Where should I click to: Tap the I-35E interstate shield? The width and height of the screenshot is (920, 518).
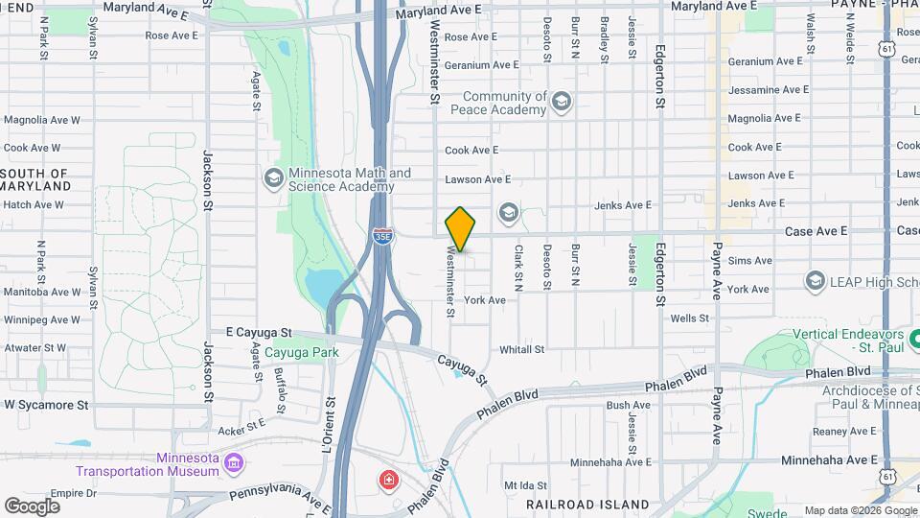click(x=382, y=236)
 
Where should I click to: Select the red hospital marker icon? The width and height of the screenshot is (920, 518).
click(x=389, y=479)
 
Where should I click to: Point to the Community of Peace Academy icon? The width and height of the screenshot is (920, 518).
click(x=561, y=102)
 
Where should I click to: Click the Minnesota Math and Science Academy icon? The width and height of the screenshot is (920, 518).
click(x=274, y=177)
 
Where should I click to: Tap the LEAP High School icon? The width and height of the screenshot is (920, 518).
click(x=816, y=280)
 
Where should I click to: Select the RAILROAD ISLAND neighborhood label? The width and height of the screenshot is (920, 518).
click(x=587, y=504)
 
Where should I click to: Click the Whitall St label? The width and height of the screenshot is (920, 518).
click(x=521, y=350)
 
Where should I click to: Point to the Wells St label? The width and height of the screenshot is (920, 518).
click(x=689, y=318)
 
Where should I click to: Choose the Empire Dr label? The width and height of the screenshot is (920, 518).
click(x=75, y=493)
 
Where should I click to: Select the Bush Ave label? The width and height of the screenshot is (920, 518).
click(x=629, y=406)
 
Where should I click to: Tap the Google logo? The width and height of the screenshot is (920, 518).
click(x=33, y=506)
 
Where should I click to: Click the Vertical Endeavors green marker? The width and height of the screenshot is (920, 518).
click(x=913, y=340)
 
